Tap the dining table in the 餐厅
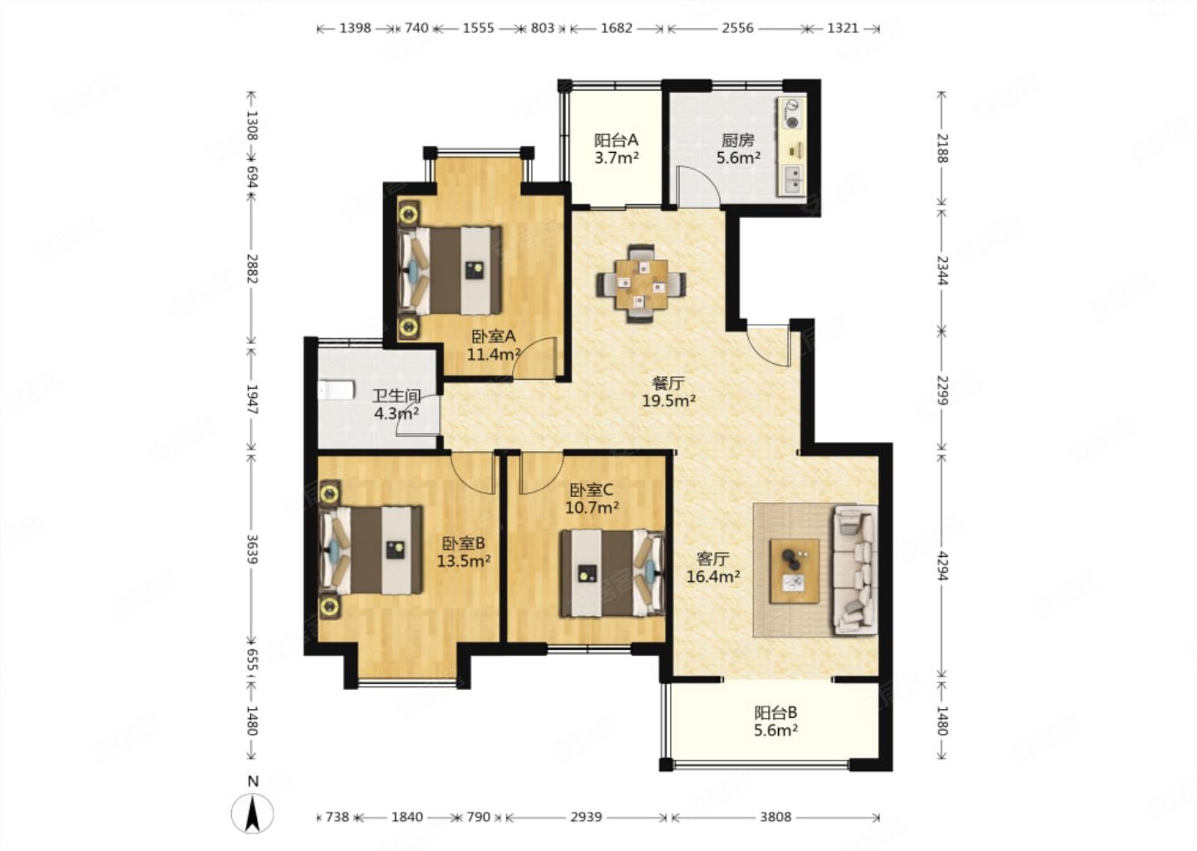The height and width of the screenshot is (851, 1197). pos(641,283)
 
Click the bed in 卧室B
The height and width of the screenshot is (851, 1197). pos(371,550)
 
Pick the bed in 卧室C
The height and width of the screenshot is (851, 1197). pos(613,573)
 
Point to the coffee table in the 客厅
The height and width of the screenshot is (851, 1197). pos(794,571)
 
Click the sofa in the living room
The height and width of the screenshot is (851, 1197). pos(855,570)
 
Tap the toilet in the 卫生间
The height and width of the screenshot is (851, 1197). pos(336,390)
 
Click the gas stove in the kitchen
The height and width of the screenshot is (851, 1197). pos(791,114)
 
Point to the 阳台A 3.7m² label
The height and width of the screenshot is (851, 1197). pos(617,149)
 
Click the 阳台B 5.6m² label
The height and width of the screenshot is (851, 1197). pos(776,721)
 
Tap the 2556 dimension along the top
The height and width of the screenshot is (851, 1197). pos(737,27)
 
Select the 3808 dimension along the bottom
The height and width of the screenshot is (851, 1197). pos(776,817)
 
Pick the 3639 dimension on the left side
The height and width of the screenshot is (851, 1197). pos(252,549)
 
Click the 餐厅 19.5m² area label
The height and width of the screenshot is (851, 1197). pos(668,391)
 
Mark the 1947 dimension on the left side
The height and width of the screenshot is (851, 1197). pos(252,400)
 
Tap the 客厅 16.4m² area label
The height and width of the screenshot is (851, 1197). pos(713,568)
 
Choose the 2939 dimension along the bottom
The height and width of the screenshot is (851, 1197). pos(586,817)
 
